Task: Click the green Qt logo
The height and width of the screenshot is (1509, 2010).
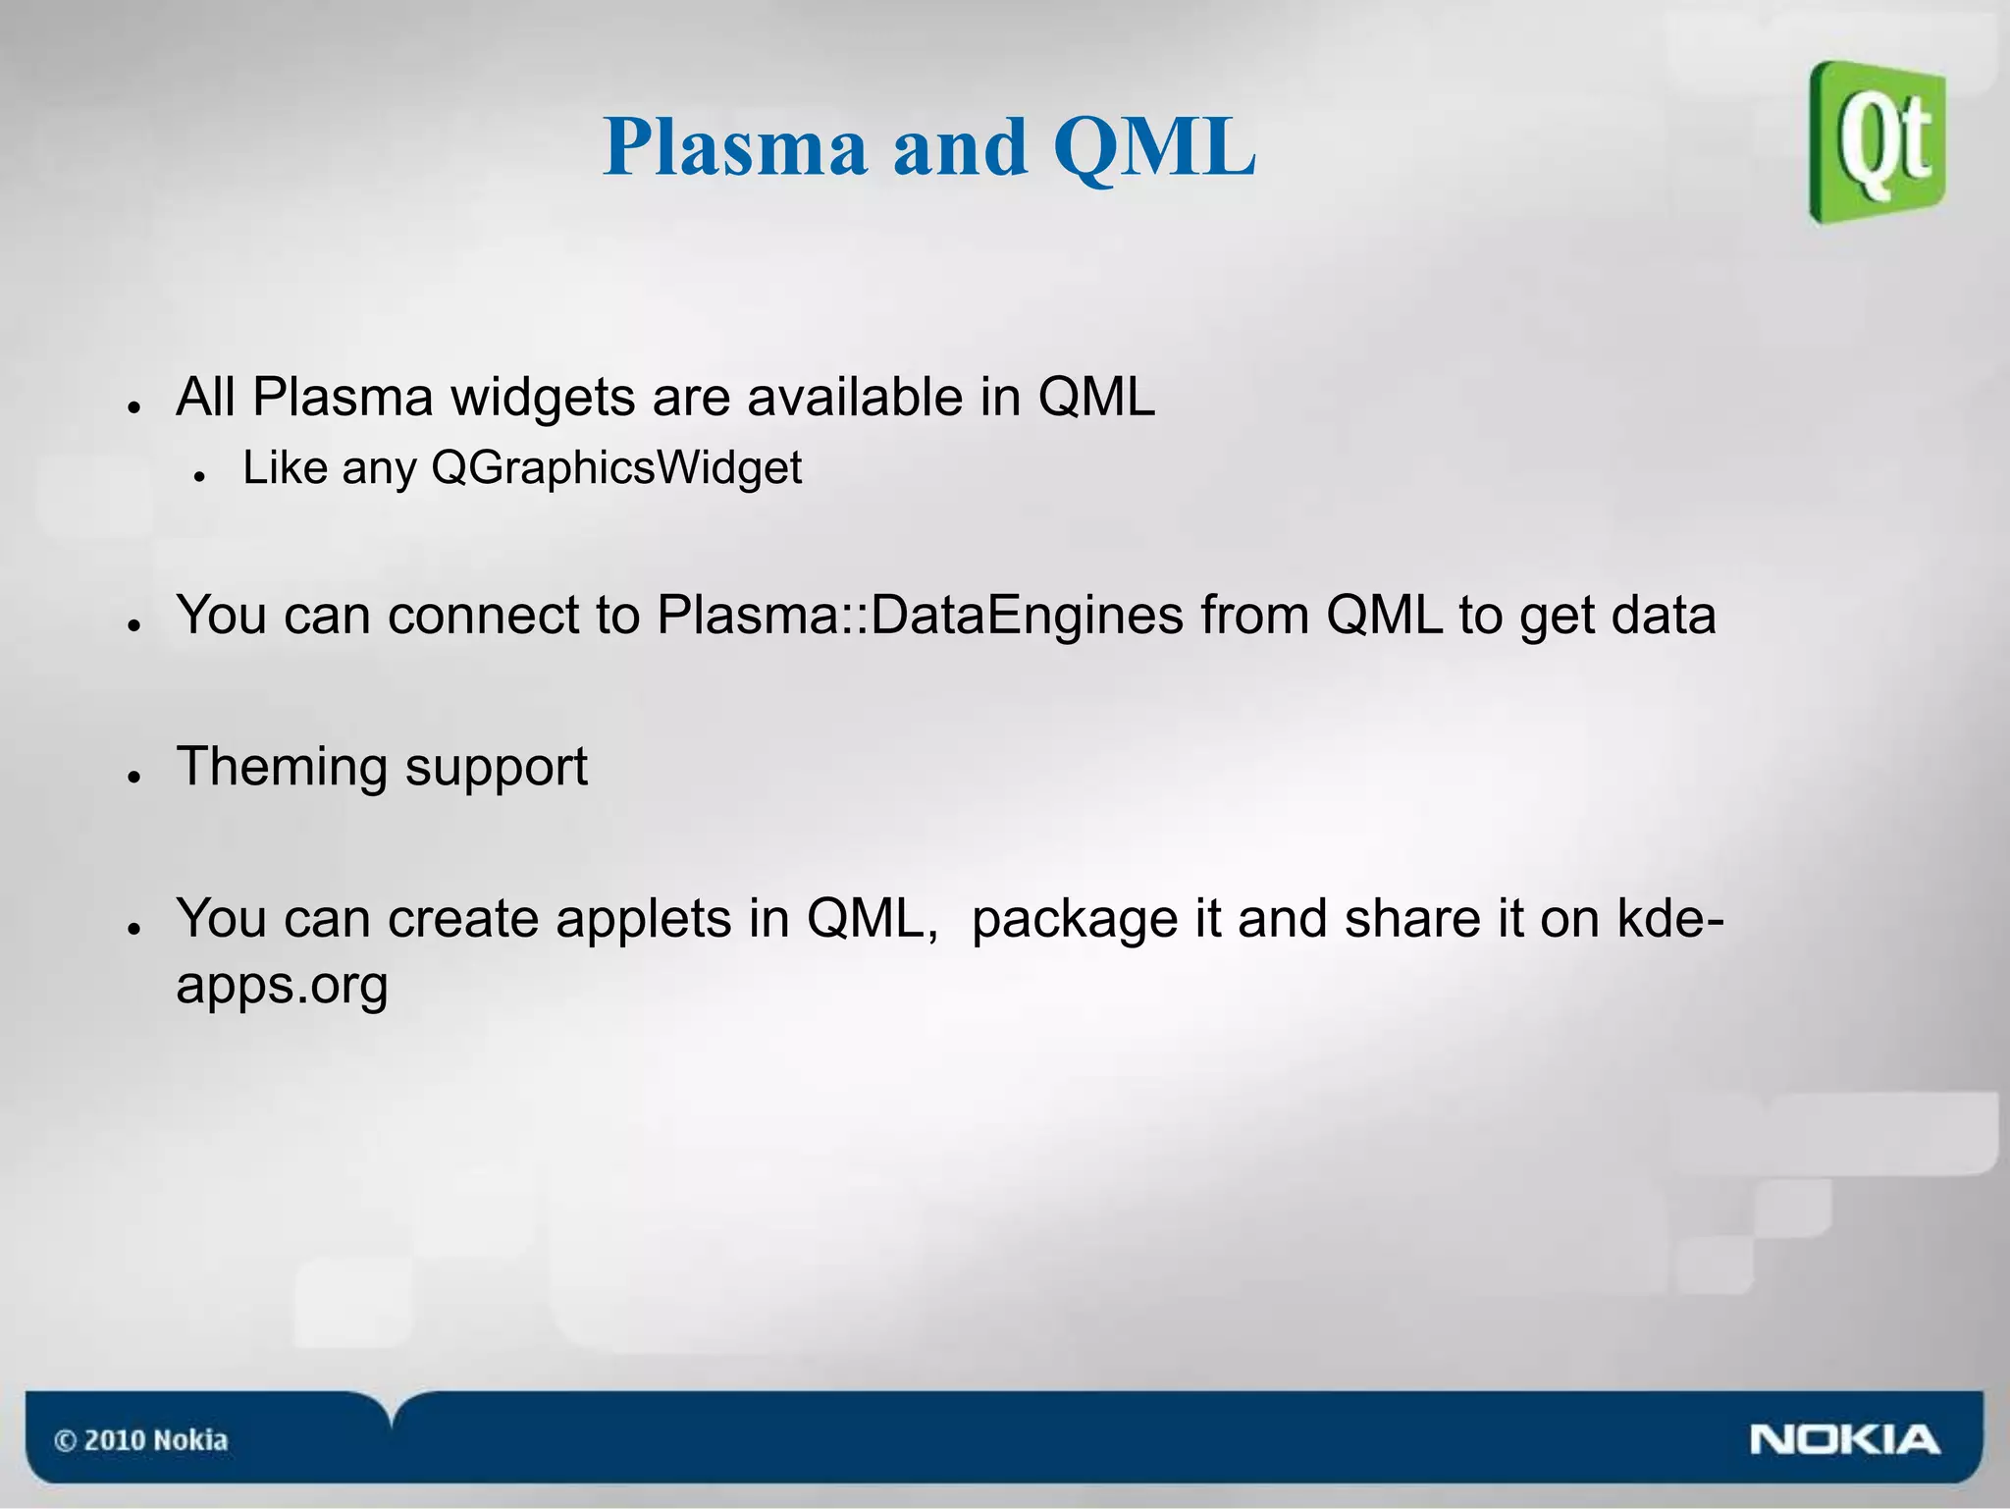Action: pos(1878,142)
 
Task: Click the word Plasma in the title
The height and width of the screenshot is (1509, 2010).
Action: pos(735,148)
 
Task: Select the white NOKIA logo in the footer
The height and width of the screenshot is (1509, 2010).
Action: pos(1844,1440)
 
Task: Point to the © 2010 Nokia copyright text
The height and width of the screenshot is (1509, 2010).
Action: pos(140,1440)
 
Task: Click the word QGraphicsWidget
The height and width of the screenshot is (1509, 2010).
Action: pos(616,468)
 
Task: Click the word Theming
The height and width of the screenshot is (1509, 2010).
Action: pos(282,768)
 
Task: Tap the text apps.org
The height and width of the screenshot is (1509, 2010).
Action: pos(282,985)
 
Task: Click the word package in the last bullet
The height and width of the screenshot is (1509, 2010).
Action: pos(1075,920)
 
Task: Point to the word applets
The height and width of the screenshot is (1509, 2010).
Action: pos(644,920)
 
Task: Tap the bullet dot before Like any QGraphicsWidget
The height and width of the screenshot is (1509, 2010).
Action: pos(199,476)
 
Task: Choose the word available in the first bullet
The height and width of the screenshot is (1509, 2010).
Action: pos(855,398)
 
